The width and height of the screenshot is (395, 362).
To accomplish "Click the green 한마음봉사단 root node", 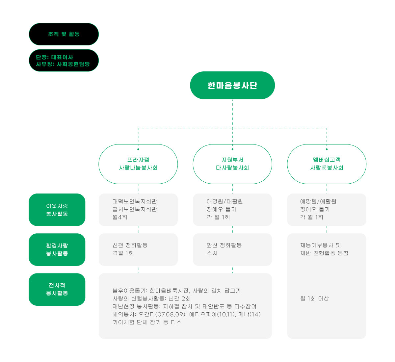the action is coord(232,85).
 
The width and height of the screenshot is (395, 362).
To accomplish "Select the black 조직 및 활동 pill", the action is coord(64,34).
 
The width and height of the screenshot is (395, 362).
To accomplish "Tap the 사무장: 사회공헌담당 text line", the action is coord(63,64).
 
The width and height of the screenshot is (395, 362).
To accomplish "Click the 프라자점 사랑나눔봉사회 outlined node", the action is coord(138,164).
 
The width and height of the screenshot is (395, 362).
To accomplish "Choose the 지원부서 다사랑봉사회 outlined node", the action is coord(232,164).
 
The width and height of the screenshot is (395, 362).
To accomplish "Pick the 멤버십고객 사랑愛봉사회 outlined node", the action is coord(327,164).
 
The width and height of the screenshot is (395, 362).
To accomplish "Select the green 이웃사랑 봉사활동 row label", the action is coord(57,210).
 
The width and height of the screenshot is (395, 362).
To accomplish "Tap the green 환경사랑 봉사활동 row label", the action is coord(57,249).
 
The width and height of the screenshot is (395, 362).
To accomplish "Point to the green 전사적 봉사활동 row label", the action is coord(57,289).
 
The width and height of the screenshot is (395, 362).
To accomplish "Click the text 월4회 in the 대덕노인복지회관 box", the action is coord(120,217).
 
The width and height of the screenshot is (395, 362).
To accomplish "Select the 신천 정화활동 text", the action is coord(130,245).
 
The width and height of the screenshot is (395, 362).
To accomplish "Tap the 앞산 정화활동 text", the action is coord(224,245).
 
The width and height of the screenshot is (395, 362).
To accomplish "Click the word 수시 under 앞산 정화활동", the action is coord(212,253).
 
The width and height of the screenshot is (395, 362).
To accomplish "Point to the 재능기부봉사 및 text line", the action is coord(320,245).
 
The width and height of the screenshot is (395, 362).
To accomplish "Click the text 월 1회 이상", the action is coord(314,298).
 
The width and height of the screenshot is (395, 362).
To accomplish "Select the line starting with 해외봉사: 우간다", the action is coord(187,314).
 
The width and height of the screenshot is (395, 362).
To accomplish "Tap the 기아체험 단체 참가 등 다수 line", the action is coord(147,322).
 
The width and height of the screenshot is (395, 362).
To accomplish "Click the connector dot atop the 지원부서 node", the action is coord(232,149).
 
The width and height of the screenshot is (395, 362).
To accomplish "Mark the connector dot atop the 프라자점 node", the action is coord(138,149).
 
